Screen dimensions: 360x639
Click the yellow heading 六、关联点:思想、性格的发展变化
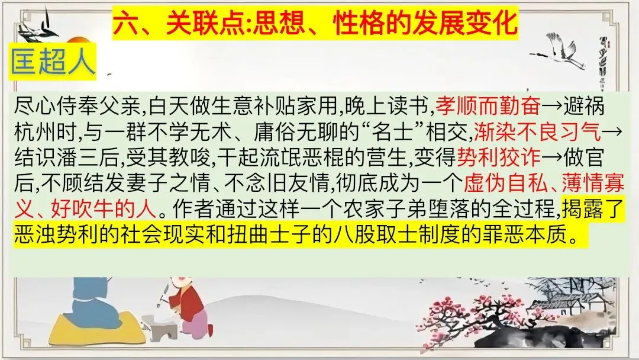pos(315,25)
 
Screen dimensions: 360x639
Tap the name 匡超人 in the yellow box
pos(52,62)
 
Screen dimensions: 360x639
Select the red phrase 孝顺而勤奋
pos(488,107)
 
